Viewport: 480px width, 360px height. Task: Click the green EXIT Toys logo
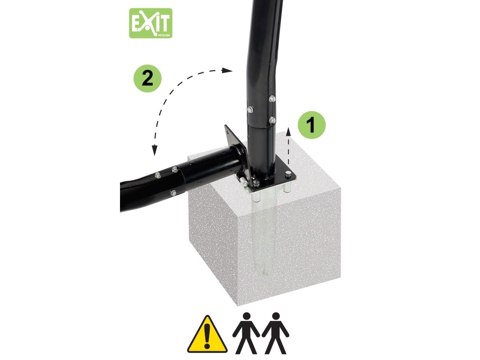click(x=150, y=23)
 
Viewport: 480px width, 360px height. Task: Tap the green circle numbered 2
click(x=147, y=78)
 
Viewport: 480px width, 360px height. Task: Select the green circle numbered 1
click(x=311, y=125)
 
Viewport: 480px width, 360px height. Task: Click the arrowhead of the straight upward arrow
click(x=288, y=131)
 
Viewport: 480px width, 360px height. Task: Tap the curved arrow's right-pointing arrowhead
click(x=227, y=70)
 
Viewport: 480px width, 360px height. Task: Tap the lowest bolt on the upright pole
click(x=272, y=120)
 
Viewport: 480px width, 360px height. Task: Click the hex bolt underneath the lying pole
click(x=173, y=192)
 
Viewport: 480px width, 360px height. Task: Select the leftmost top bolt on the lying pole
click(x=158, y=175)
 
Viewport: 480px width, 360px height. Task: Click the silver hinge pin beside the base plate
click(x=242, y=180)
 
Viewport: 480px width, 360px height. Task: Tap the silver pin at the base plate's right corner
click(x=288, y=174)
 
